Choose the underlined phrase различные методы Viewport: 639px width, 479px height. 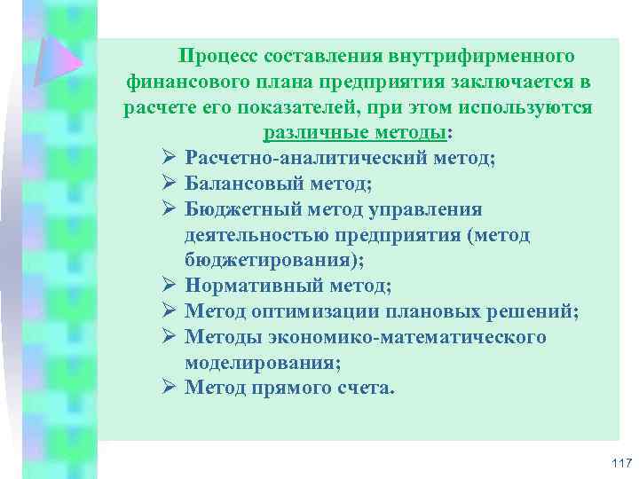click(x=355, y=134)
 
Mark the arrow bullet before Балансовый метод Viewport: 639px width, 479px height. click(x=170, y=184)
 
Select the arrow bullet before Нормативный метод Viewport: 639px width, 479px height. click(x=170, y=287)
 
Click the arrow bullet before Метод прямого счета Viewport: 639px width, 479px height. click(x=170, y=389)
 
